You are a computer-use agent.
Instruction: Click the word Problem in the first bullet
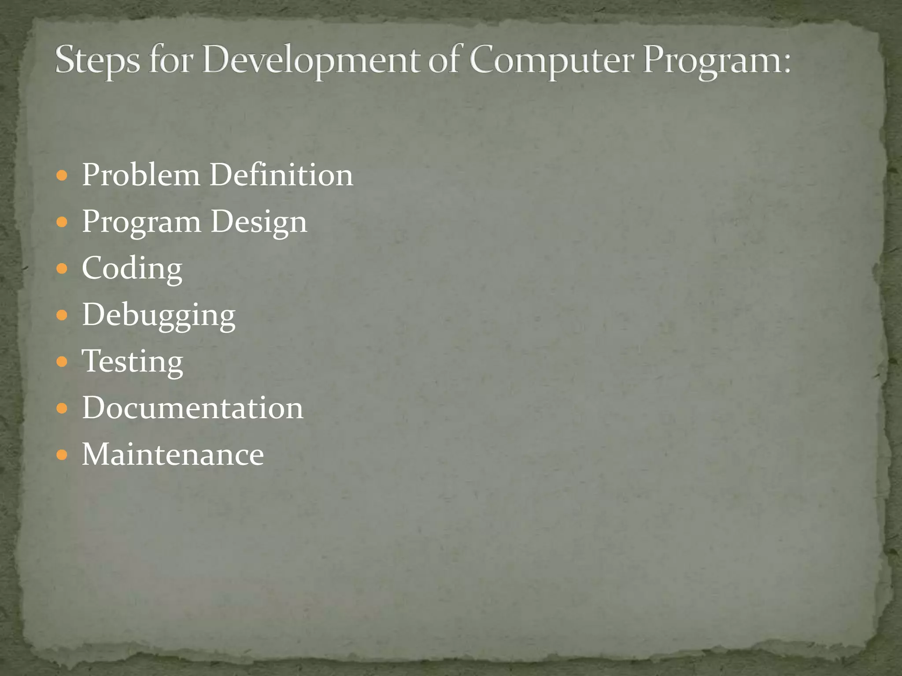point(141,175)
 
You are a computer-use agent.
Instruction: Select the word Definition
point(281,175)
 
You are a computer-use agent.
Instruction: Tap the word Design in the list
point(259,222)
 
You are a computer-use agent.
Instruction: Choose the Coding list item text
point(132,269)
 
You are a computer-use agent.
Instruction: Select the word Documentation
point(192,408)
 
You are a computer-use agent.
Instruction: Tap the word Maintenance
point(173,455)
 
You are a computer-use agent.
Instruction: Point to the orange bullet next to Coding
point(62,269)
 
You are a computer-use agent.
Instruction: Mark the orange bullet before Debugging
point(62,316)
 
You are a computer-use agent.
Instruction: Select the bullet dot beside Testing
point(62,362)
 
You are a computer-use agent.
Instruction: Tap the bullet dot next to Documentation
point(62,408)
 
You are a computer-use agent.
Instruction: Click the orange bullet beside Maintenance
point(62,455)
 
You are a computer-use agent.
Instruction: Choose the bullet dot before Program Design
point(62,222)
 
